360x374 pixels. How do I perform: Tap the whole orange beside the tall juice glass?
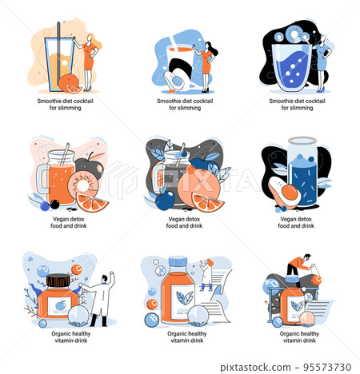point(68,82)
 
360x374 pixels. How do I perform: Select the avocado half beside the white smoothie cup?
point(174,81)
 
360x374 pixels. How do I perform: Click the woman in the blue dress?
point(324,63)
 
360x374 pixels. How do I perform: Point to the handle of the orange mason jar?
point(41,179)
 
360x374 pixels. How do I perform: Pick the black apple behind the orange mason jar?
point(90,165)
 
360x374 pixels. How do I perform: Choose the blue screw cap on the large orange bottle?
point(178,261)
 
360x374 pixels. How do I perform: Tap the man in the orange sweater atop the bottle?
point(299,266)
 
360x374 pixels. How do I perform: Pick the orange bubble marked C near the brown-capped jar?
point(77,269)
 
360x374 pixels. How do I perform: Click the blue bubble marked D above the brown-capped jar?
point(43,271)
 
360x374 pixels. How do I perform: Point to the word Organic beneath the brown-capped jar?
point(61,334)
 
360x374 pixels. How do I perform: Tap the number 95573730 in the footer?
point(327,367)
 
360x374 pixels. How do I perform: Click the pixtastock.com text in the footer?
point(255,368)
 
